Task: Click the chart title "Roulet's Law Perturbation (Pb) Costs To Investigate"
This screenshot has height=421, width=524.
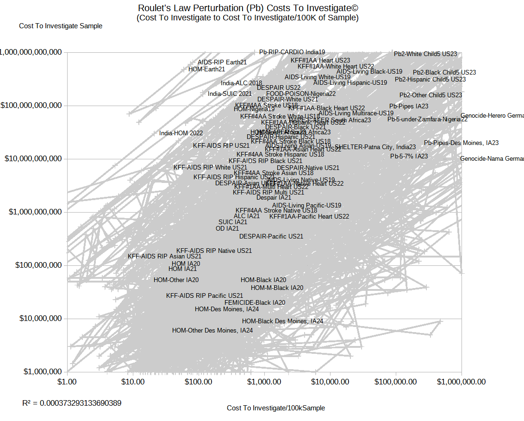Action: pos(248,8)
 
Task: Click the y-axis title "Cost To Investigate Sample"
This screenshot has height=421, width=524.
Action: pos(61,26)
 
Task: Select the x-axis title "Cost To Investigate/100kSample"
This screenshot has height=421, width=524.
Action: pos(276,408)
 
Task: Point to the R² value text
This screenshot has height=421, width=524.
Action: pos(72,403)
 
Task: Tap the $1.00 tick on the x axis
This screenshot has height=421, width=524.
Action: pos(67,382)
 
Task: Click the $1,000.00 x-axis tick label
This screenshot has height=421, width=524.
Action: pos(264,382)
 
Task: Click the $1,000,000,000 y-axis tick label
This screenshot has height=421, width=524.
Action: pos(32,212)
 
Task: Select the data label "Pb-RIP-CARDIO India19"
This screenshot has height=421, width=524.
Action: pos(292,52)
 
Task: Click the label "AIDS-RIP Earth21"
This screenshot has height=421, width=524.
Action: pos(222,62)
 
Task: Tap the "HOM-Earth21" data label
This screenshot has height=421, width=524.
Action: pos(206,69)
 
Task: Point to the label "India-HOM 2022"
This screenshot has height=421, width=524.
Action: pos(181,133)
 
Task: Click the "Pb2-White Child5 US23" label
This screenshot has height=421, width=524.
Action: pos(425,54)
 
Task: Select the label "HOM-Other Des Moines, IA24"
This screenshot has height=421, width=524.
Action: pos(212,331)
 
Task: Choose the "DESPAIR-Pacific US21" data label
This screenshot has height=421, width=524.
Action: pos(271,236)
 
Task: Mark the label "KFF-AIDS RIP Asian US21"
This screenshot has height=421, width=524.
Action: pos(165,256)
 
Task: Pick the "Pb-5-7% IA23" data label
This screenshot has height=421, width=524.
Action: pos(409,156)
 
